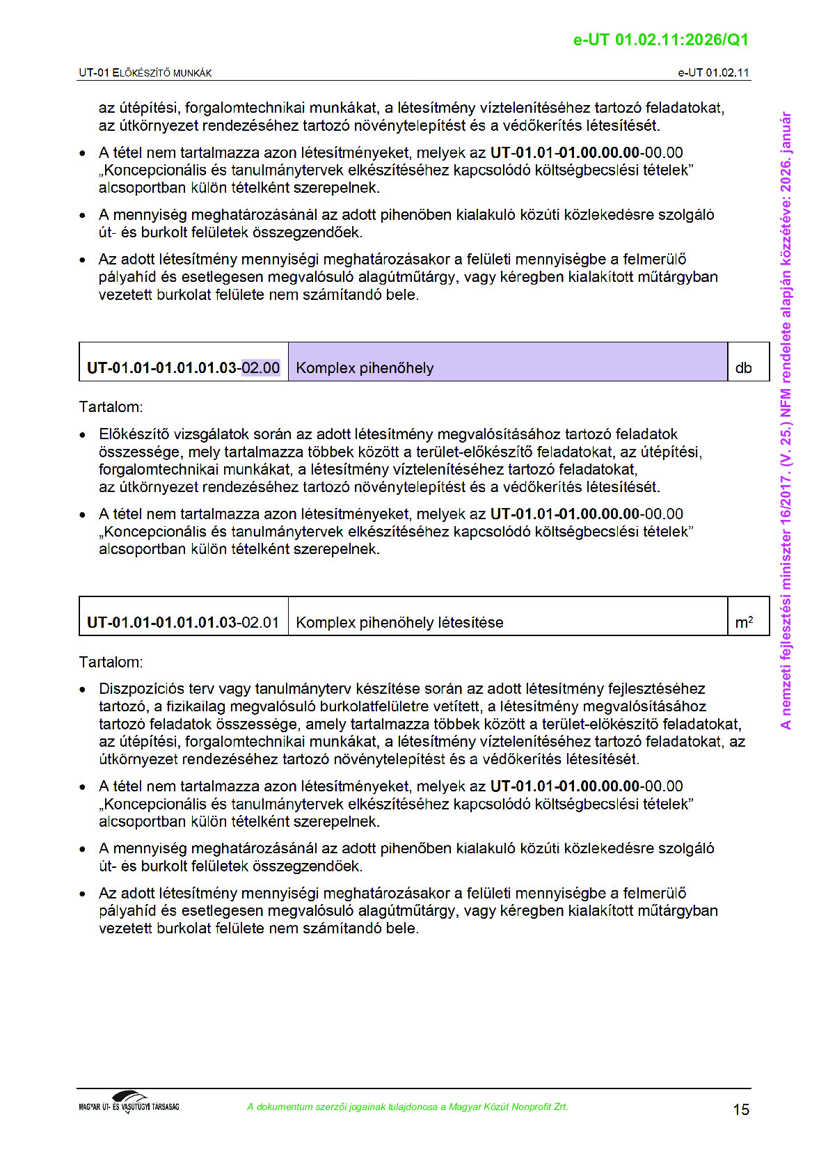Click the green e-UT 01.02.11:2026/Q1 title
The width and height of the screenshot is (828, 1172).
pos(660,40)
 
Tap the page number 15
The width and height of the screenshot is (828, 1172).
pos(741,1109)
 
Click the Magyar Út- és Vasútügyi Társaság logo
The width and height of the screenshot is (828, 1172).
pos(129,1102)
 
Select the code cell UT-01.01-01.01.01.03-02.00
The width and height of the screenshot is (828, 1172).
pos(184,367)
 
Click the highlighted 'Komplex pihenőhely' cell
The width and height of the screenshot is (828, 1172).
pos(507,362)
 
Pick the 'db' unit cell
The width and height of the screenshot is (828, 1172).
pos(747,362)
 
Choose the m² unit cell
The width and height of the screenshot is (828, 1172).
pos(747,617)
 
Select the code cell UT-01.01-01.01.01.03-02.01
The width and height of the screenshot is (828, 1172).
pos(184,622)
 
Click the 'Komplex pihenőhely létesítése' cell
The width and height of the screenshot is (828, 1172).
pos(507,617)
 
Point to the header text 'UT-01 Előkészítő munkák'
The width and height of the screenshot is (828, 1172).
pos(145,73)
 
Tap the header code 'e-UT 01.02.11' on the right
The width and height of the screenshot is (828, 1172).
pos(713,73)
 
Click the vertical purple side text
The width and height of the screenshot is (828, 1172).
pos(786,420)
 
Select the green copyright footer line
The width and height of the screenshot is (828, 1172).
pos(407,1107)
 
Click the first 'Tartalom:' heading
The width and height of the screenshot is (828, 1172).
pos(111,407)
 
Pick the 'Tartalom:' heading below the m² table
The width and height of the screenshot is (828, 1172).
pos(111,662)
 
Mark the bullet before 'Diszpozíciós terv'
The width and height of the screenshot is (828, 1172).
pos(83,690)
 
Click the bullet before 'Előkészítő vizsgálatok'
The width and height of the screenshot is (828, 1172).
pos(83,435)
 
